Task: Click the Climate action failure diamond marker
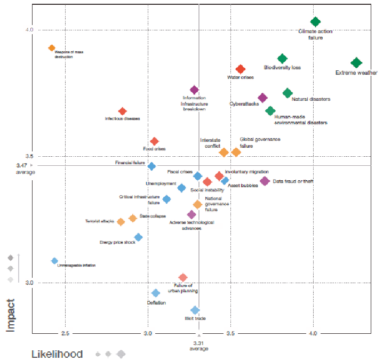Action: (315, 22)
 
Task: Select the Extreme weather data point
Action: (356, 63)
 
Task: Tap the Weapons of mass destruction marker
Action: (52, 48)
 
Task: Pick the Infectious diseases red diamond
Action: (122, 111)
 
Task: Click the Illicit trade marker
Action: (195, 310)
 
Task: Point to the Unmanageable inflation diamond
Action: (54, 261)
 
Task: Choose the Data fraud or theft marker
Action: (265, 181)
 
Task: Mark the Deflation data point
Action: (156, 293)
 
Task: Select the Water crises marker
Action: (241, 69)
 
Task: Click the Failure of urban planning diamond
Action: (183, 278)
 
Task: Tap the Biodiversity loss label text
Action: (283, 68)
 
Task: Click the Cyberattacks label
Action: (244, 103)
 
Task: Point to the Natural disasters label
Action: (311, 99)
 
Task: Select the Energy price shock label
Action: (117, 243)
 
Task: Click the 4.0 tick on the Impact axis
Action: (28, 30)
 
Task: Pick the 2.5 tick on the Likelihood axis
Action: (65, 333)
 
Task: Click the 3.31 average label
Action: (198, 346)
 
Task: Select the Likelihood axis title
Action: (57, 354)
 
